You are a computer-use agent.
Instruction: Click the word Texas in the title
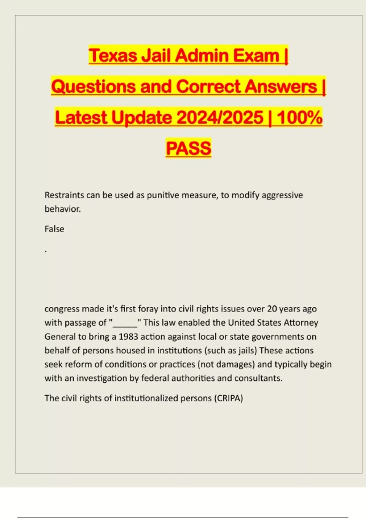(113, 56)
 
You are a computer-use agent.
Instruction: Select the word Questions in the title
(93, 87)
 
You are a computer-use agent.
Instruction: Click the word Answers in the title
(281, 87)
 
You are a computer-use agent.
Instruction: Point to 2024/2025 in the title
(220, 118)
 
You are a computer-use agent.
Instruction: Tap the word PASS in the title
(188, 148)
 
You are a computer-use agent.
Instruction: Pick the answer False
(54, 229)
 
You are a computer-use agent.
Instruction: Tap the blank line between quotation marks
(125, 323)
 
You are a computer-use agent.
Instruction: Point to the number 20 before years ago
(272, 309)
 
